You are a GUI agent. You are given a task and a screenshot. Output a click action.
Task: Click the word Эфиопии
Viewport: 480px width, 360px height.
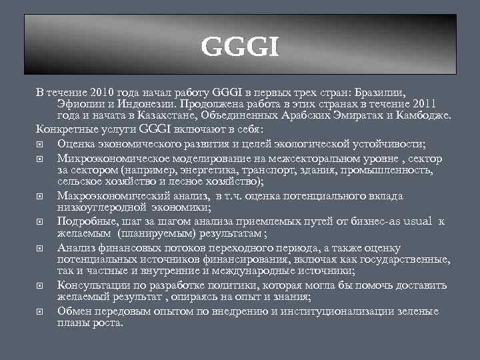[81, 103]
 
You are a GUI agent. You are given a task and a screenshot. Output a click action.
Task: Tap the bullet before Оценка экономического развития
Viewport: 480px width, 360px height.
[41, 143]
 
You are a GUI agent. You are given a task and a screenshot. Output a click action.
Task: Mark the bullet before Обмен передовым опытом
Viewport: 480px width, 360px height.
[41, 311]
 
